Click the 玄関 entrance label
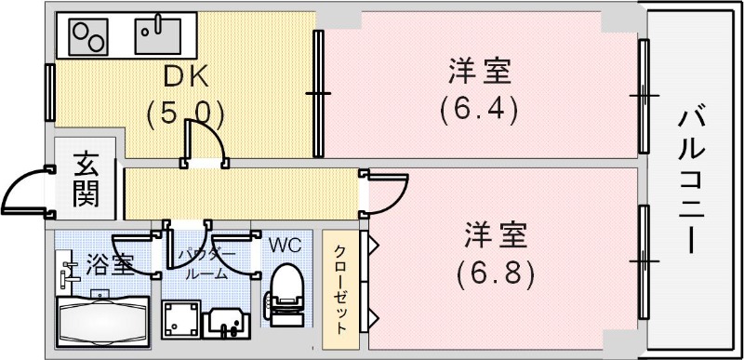click(x=85, y=182)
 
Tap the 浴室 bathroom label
click(x=109, y=264)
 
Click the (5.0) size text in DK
click(x=185, y=113)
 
